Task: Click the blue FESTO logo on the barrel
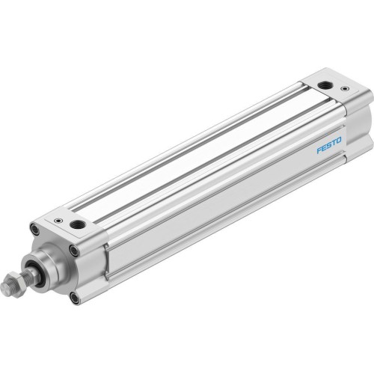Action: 329,144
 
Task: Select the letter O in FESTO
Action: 339,139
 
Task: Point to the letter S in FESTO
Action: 329,144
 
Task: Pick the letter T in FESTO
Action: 334,141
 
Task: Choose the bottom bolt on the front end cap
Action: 74,298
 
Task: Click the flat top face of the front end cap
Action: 67,224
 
